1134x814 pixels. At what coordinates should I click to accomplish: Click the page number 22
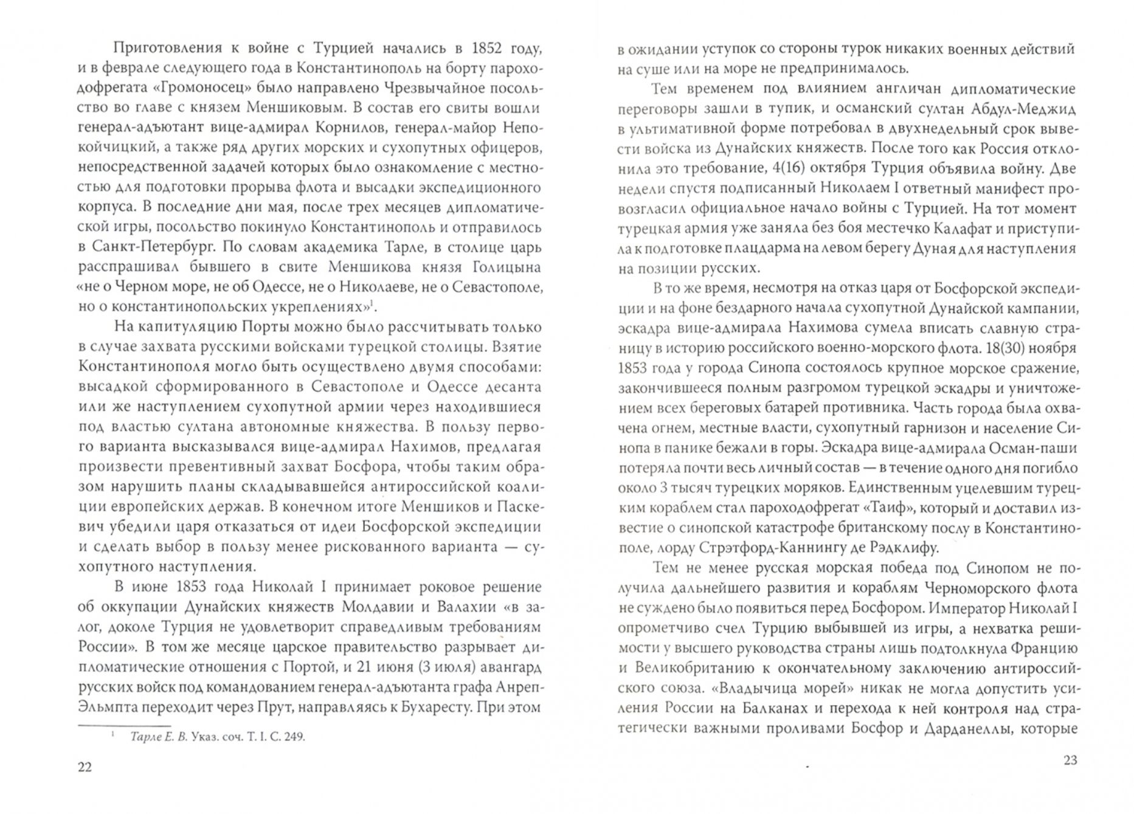pyautogui.click(x=85, y=767)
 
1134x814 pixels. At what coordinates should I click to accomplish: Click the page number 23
pyautogui.click(x=1070, y=760)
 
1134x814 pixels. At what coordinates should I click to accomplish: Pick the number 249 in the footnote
pyautogui.click(x=293, y=736)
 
